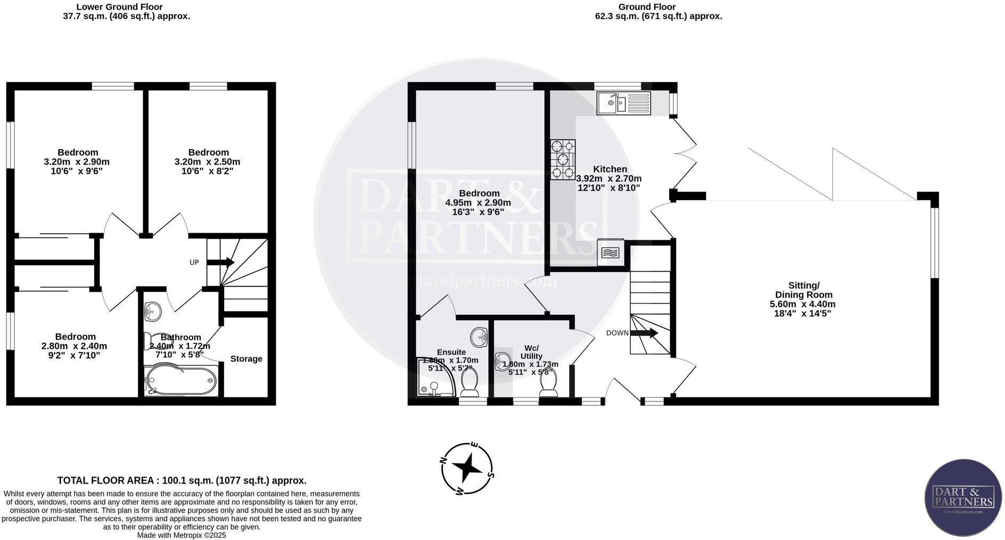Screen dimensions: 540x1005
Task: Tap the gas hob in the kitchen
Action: pyautogui.click(x=563, y=159)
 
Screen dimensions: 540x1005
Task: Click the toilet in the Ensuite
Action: pyautogui.click(x=469, y=384)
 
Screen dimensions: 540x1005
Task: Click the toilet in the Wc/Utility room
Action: pyautogui.click(x=548, y=384)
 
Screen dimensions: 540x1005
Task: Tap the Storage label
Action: pyautogui.click(x=246, y=359)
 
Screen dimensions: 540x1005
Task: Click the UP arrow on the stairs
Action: pyautogui.click(x=220, y=262)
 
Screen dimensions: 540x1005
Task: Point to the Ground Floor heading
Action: pyautogui.click(x=647, y=7)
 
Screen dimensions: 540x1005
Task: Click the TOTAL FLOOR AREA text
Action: pyautogui.click(x=182, y=480)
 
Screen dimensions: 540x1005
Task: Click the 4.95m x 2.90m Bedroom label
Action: pyautogui.click(x=478, y=202)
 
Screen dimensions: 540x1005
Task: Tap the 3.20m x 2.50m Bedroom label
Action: pyautogui.click(x=208, y=161)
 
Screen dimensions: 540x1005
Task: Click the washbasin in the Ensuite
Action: pyautogui.click(x=479, y=337)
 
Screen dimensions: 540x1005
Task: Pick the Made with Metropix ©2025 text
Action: pyautogui.click(x=182, y=535)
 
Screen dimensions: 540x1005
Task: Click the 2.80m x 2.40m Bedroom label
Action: pyautogui.click(x=75, y=346)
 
